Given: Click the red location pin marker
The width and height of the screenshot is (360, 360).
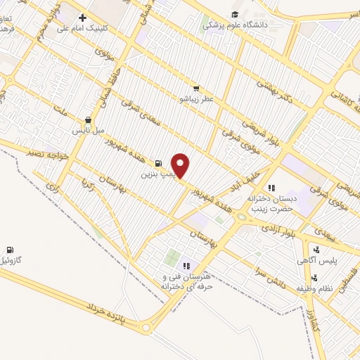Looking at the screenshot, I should (181, 165).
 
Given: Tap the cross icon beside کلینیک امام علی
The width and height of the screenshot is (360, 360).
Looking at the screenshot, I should (82, 18).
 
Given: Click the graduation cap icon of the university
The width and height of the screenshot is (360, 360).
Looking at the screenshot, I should (234, 13).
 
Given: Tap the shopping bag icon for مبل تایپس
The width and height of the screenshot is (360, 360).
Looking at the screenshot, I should (87, 120).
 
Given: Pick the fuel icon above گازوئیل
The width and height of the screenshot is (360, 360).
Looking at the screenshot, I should (9, 250).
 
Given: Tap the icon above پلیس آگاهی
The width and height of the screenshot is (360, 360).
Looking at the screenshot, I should (316, 249).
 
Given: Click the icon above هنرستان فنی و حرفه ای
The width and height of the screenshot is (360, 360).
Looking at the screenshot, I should (186, 266).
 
